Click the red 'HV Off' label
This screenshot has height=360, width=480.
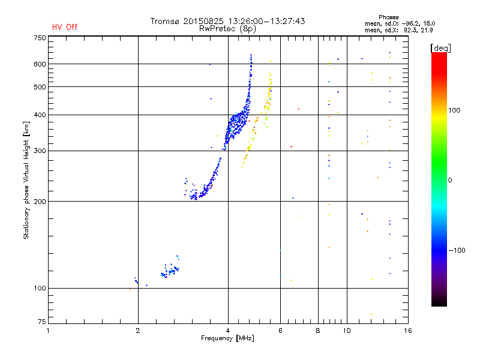click(x=65, y=27)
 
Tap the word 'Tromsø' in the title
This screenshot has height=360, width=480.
click(x=164, y=21)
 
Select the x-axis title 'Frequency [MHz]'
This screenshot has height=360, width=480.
click(x=227, y=338)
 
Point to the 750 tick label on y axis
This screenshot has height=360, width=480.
click(x=39, y=37)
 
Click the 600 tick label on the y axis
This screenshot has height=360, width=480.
click(x=39, y=64)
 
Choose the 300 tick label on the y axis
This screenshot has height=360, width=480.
click(x=39, y=151)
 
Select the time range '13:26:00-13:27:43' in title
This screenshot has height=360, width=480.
click(x=268, y=21)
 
